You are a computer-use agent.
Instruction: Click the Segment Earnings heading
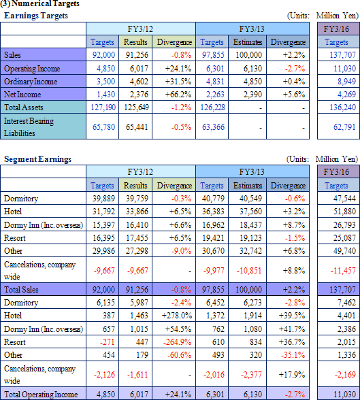[x=37, y=159]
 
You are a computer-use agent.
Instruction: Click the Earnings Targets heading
[x=36, y=16]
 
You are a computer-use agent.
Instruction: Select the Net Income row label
[x=22, y=95]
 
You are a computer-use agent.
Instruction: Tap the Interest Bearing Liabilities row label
[x=29, y=127]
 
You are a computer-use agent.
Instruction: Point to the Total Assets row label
[x=24, y=107]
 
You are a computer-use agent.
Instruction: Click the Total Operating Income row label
[x=41, y=395]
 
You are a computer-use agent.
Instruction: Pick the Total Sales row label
[x=21, y=290]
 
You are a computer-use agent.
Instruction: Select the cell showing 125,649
[x=136, y=107]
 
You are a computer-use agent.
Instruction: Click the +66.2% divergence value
[x=178, y=95]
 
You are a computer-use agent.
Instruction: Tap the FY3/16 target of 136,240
[x=343, y=107]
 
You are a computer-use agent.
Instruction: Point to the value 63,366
[x=213, y=127]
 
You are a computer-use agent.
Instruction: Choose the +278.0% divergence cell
[x=176, y=316]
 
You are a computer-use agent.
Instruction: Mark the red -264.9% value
[x=177, y=341]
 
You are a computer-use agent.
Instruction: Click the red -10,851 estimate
[x=249, y=271]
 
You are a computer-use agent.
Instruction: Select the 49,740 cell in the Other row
[x=344, y=251]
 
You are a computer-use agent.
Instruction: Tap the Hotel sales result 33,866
[x=137, y=212]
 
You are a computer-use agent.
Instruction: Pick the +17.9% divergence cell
[x=292, y=374]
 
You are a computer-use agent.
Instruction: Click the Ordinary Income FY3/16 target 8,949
[x=346, y=82]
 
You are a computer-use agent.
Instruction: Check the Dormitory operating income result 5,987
[x=139, y=303]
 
